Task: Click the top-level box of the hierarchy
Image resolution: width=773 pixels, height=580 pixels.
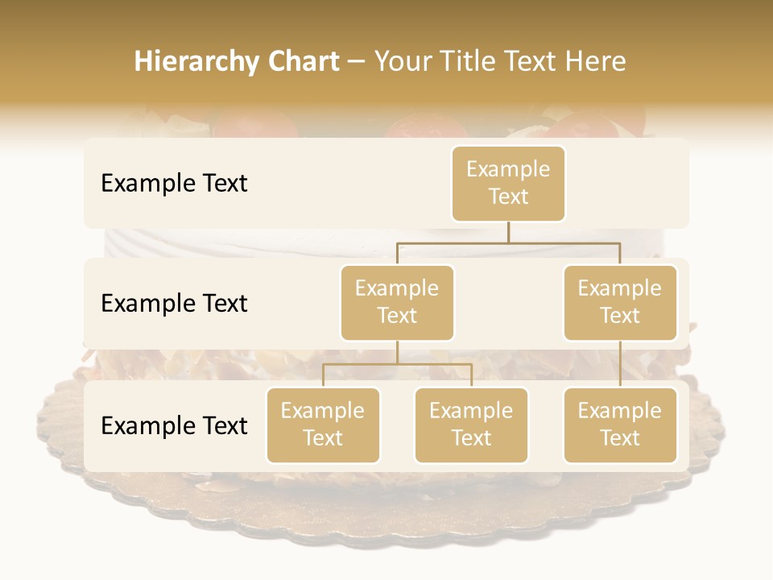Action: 508,184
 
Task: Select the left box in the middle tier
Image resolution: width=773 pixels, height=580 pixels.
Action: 397,303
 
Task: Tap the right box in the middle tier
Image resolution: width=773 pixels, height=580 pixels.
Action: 620,303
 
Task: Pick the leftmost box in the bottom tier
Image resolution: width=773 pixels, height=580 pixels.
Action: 323,425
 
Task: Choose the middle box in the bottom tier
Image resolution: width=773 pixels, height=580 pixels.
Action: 471,425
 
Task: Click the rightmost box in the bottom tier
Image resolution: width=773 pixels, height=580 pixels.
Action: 620,425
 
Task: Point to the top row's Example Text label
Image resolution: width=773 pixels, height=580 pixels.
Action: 174,184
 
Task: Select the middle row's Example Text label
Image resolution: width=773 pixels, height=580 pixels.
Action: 174,304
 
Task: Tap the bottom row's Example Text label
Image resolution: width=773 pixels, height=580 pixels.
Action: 174,426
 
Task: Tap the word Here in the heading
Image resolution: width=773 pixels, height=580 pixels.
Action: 596,61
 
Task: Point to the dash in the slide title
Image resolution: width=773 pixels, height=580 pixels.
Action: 357,63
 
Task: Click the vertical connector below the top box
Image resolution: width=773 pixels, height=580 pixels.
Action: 508,232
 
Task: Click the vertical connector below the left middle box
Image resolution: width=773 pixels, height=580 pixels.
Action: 397,352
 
